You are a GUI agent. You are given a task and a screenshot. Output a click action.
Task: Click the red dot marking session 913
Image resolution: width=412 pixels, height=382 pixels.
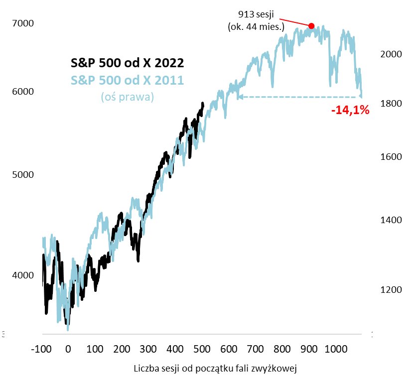click(x=311, y=26)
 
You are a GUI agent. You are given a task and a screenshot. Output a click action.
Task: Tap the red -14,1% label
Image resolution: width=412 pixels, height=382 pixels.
click(x=350, y=111)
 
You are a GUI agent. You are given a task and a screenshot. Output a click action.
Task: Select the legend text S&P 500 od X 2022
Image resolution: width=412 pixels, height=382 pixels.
click(x=127, y=63)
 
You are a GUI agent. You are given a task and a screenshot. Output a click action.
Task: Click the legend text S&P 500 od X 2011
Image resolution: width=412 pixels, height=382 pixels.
click(x=127, y=80)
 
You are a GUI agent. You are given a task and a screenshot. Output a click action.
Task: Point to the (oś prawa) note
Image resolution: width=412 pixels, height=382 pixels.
click(x=127, y=97)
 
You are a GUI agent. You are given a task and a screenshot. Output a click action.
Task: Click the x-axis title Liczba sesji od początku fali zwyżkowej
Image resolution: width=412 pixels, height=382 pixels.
click(x=216, y=369)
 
